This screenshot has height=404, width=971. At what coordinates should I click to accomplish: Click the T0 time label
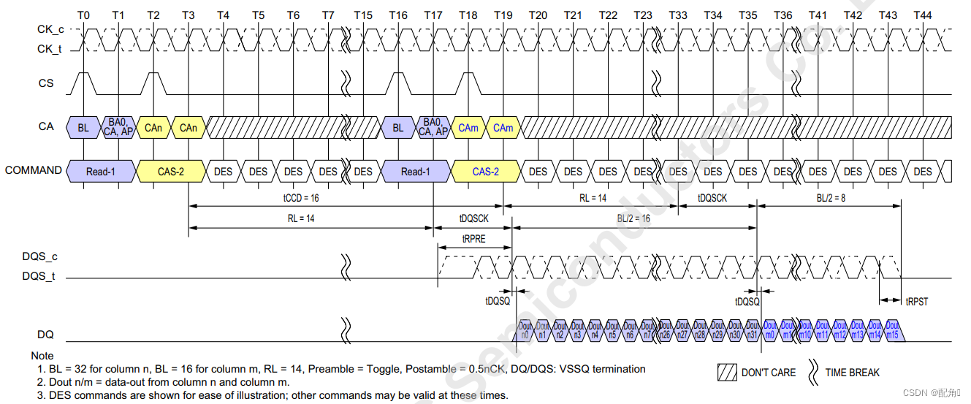83,15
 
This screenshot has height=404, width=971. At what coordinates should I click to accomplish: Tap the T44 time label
923,15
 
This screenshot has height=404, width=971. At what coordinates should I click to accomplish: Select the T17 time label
433,15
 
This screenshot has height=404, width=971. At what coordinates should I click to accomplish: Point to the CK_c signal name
50,30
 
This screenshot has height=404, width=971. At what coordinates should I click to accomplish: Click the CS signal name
46,83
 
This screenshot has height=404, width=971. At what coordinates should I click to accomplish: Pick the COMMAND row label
33,170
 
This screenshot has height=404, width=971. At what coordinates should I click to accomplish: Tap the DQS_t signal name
39,277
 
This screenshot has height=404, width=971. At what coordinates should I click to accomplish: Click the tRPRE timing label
473,237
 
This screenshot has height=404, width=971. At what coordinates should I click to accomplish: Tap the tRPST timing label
916,301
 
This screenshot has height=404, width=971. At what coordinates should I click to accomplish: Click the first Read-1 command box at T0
101,172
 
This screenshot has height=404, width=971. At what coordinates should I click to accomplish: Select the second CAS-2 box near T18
485,172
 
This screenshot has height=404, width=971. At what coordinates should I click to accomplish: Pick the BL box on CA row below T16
397,128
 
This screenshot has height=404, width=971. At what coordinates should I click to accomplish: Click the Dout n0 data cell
524,330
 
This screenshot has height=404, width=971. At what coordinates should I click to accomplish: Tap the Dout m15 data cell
893,330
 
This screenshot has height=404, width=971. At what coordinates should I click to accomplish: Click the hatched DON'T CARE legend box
728,372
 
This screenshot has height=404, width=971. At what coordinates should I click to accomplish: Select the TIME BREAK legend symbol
812,372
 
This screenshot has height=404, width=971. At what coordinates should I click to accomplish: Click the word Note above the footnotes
42,356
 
